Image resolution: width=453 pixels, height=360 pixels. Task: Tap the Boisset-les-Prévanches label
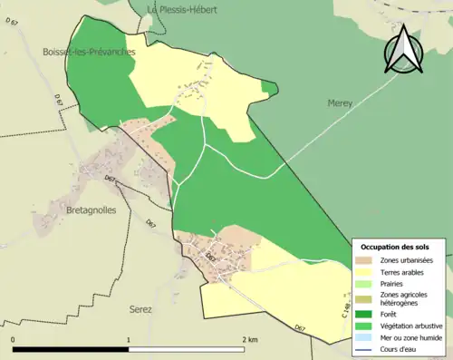[89, 53]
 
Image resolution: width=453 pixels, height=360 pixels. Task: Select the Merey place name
[341, 103]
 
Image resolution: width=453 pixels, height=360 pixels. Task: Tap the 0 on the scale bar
[13, 339]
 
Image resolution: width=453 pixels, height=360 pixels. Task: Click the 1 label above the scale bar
[129, 339]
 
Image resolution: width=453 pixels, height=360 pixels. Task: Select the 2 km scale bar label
[249, 339]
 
